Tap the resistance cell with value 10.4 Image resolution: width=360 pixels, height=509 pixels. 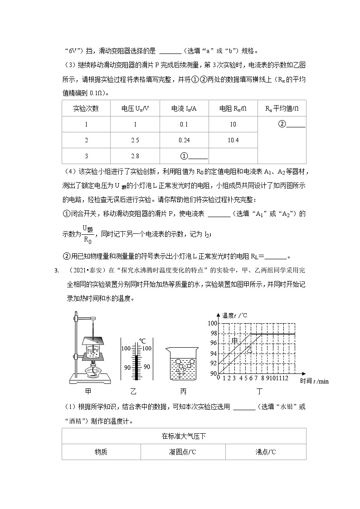point(233,140)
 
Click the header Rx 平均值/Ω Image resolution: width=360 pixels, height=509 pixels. point(282,108)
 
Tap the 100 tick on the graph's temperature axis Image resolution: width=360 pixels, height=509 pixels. point(213,323)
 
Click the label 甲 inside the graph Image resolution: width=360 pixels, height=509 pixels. point(234,340)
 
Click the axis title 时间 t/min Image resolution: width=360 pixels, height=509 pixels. point(314,381)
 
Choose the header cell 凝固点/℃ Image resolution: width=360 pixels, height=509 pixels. point(183,452)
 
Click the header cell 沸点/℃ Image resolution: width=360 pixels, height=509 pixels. point(265,452)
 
